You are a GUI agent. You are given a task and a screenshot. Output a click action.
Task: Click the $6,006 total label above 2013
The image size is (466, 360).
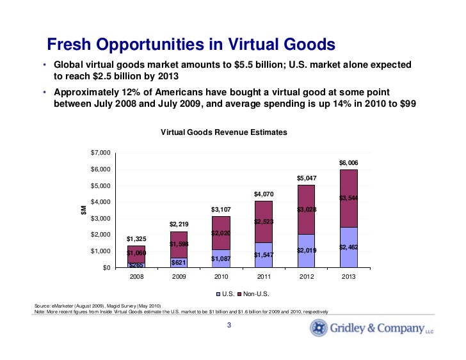click(x=348, y=163)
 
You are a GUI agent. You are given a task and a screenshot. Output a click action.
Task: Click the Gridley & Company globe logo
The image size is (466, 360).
click(x=319, y=329)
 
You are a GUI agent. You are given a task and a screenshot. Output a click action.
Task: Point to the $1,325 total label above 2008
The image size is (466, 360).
click(x=136, y=239)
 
